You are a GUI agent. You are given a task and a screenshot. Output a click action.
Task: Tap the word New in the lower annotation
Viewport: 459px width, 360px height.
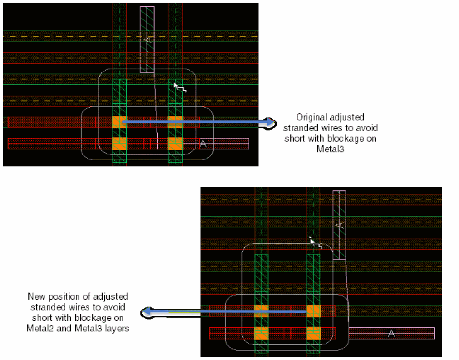coord(36,297)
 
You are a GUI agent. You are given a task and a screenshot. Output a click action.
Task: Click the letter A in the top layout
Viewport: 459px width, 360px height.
coord(203,144)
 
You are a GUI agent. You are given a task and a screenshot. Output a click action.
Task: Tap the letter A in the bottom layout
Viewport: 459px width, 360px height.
coord(392,334)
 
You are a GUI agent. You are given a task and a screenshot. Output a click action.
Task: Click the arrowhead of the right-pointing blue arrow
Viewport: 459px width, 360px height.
coord(271,122)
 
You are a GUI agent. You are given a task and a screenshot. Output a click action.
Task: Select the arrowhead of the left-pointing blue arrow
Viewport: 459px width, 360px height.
coord(146,312)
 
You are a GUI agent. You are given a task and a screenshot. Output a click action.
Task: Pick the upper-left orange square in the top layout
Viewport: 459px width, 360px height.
coord(120,122)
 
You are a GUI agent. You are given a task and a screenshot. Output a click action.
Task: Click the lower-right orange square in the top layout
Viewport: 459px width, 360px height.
coord(175,144)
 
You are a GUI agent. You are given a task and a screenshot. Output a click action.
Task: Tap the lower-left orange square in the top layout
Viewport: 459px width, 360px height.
coord(120,144)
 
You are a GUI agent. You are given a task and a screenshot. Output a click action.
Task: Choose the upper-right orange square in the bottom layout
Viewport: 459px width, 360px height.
coord(314,311)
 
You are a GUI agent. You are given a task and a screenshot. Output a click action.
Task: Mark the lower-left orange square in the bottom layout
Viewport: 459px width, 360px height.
coord(261,333)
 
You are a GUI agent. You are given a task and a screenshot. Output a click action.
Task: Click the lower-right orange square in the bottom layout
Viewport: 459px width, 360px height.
coord(314,333)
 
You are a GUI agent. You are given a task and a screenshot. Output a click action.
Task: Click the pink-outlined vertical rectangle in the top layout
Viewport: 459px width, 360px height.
coord(147,39)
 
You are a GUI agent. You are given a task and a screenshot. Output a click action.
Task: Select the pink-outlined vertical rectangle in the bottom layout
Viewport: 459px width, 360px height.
coord(339,225)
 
